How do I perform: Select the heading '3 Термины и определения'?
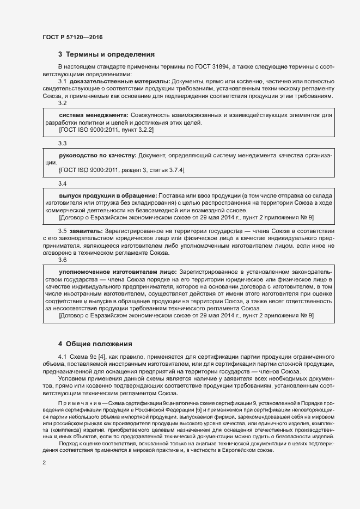pyautogui.click(x=106, y=54)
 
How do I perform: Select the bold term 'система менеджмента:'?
pyautogui.click(x=93, y=115)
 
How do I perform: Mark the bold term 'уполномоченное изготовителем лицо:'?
pyautogui.click(x=117, y=271)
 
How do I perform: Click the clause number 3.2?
pyautogui.click(x=63, y=103)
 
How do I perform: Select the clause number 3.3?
pyautogui.click(x=63, y=143)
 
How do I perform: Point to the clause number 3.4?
pyautogui.click(x=63, y=183)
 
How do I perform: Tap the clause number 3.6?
pyautogui.click(x=63, y=259)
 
